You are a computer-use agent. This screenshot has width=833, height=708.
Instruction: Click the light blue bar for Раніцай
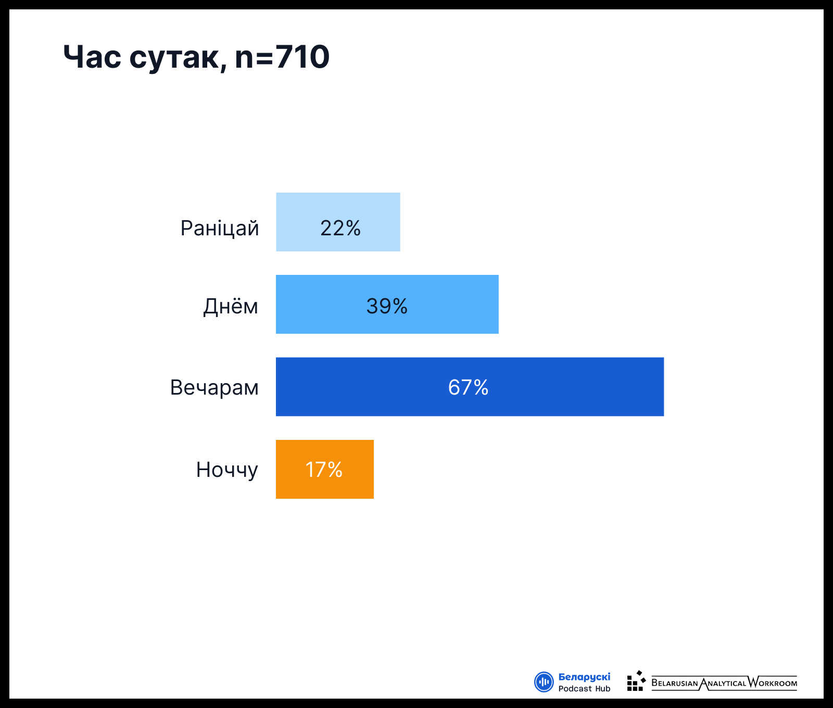tap(338, 222)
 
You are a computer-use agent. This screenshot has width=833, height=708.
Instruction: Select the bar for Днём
tap(387, 304)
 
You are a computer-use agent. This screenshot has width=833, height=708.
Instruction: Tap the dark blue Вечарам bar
tap(470, 387)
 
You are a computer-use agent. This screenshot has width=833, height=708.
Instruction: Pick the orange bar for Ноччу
tap(325, 469)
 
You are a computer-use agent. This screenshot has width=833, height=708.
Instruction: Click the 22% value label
tap(340, 228)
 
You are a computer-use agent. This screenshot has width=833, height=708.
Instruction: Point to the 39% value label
tap(387, 306)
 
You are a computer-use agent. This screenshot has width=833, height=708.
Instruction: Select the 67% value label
tap(468, 387)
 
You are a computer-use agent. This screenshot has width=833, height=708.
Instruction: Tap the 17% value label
tap(324, 470)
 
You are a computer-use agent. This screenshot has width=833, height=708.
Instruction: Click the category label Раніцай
tap(220, 229)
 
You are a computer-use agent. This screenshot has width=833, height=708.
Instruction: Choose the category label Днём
tap(231, 306)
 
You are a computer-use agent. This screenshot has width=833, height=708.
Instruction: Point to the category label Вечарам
tap(214, 388)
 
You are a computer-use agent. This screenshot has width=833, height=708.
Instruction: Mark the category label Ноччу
tap(227, 470)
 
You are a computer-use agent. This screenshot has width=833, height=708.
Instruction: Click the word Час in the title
tap(92, 57)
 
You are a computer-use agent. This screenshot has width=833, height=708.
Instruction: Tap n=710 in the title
tap(282, 57)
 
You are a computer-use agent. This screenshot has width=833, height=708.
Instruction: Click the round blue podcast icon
tap(544, 682)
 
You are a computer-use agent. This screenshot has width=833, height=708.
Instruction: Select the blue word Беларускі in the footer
tap(584, 677)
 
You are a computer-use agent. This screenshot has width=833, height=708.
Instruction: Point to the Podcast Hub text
tap(584, 689)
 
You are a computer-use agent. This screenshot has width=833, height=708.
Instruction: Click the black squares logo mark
tap(636, 681)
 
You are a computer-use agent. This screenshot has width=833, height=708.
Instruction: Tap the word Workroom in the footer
tap(773, 682)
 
